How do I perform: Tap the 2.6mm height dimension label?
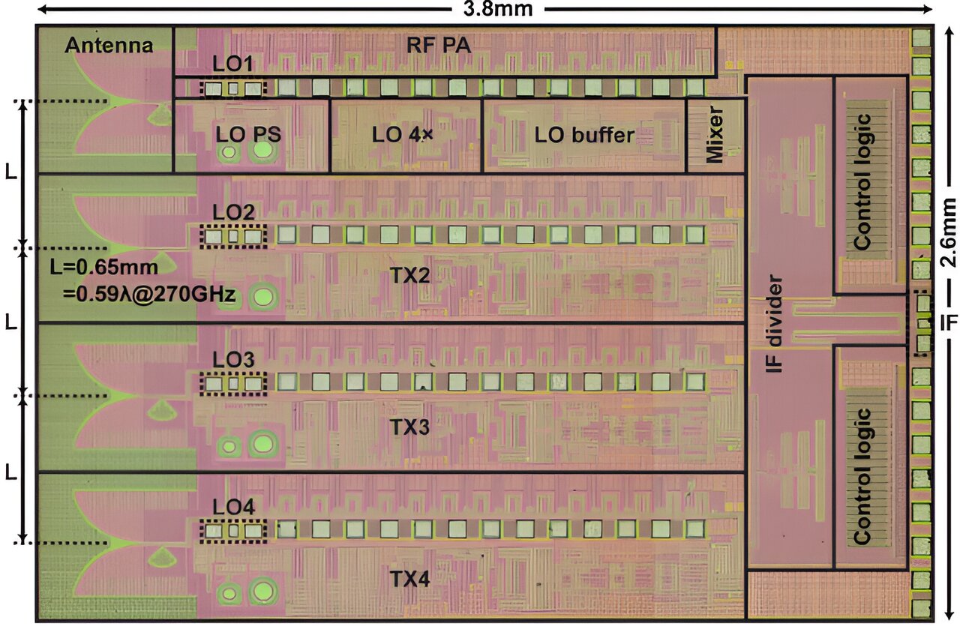click(949, 232)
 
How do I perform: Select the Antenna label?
click(109, 46)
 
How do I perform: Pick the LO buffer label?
click(584, 136)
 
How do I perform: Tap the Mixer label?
click(715, 136)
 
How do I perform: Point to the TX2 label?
click(409, 276)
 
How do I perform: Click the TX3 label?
click(409, 427)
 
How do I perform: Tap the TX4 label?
click(409, 579)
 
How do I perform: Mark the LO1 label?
click(232, 65)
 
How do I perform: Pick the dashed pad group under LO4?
click(234, 531)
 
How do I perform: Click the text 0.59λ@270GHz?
click(150, 295)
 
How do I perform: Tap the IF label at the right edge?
click(949, 323)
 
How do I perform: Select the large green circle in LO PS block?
click(262, 151)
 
